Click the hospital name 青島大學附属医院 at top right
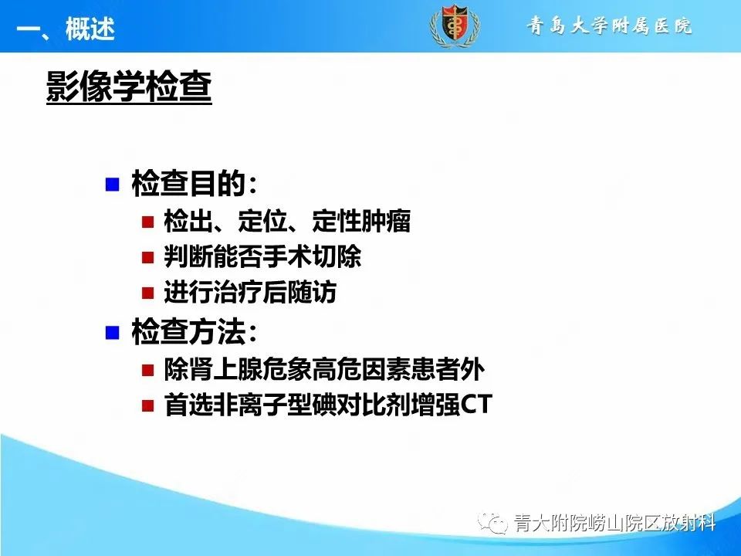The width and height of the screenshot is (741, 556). tap(609, 26)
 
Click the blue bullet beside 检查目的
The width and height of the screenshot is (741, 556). tap(113, 185)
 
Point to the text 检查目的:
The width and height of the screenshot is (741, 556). tap(194, 185)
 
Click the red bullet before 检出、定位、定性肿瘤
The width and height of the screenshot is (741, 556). tap(148, 222)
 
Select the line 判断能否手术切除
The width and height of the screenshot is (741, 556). tap(262, 257)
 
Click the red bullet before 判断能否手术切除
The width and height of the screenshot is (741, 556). tap(148, 257)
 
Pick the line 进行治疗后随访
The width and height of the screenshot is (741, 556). tap(250, 293)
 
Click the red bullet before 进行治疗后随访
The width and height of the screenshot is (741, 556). tap(148, 293)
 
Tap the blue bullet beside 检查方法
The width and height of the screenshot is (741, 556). tap(113, 333)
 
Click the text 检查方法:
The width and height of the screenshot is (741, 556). tap(194, 333)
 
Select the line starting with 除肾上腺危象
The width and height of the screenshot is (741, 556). tap(324, 370)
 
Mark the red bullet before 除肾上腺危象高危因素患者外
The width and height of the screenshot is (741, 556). tap(148, 370)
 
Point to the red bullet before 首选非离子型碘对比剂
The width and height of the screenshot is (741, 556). tap(148, 406)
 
